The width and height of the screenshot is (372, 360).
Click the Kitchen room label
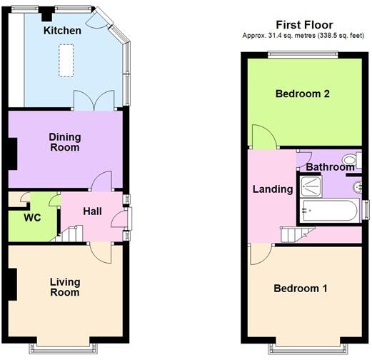tap(62, 31)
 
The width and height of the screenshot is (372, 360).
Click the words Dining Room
tap(64, 142)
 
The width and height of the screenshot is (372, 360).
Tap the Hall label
tap(92, 212)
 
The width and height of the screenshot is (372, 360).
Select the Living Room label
tap(64, 287)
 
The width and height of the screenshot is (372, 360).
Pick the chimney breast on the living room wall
tap(12, 284)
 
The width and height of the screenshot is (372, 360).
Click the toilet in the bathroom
tap(349, 160)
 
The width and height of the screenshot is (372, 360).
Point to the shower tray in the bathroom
tap(311, 186)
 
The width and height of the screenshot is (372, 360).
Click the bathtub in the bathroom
tap(329, 211)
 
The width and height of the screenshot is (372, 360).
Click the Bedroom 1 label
tap(301, 289)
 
